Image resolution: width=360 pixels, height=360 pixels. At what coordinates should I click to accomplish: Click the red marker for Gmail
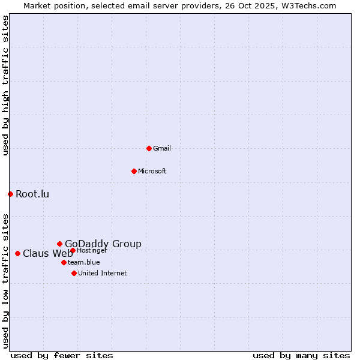[x=149, y=148]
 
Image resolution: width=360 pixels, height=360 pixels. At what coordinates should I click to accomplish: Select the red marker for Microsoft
[x=134, y=171]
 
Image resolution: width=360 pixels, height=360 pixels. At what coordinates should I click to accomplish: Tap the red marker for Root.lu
[x=10, y=194]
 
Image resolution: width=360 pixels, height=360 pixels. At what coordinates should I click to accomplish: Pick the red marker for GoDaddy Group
[x=59, y=244]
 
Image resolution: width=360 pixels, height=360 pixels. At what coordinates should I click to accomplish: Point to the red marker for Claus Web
[x=17, y=253]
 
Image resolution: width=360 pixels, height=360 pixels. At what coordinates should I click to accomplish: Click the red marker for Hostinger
[x=73, y=250]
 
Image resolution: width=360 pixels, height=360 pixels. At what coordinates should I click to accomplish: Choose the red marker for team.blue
[x=64, y=262]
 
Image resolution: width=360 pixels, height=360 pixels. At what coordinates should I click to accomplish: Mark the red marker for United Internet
[x=74, y=273]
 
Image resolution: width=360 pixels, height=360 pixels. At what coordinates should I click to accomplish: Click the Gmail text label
[x=162, y=148]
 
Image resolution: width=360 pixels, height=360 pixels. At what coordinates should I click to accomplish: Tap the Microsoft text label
[x=152, y=171]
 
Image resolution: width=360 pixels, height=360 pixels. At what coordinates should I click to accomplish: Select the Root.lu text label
[x=32, y=194]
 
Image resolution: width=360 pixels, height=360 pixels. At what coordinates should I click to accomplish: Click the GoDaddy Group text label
[x=103, y=244]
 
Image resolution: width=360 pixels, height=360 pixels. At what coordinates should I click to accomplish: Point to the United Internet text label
[x=103, y=273]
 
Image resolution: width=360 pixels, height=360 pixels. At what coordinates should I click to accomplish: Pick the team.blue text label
[x=84, y=262]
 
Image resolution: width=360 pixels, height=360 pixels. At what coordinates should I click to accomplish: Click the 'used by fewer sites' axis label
[x=62, y=355]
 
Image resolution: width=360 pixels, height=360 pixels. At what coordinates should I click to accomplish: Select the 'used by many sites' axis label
[x=301, y=355]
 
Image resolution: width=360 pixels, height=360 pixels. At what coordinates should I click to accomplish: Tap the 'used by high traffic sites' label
[x=5, y=85]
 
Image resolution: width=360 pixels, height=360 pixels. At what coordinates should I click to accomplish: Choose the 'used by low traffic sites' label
[x=5, y=280]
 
